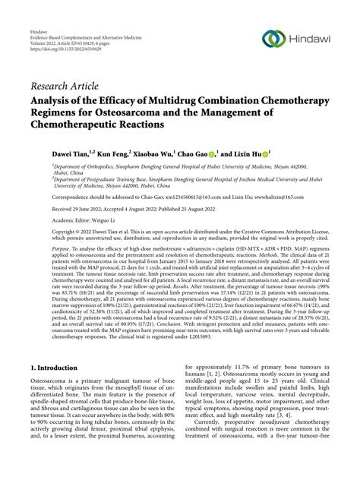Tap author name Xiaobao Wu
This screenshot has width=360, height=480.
click(161, 153)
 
